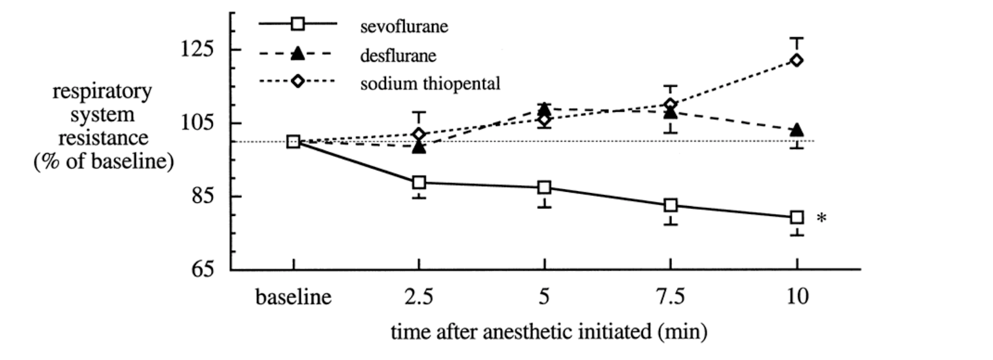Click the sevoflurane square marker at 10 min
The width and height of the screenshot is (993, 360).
[x=797, y=217]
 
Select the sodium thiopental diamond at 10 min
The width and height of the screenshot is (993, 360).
[x=797, y=60]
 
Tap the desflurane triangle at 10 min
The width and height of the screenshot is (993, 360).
[x=797, y=130]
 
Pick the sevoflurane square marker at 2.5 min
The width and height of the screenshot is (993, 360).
[x=419, y=182]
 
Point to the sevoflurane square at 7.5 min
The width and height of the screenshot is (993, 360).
[x=670, y=205]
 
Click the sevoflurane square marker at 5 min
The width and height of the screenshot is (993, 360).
[x=544, y=187]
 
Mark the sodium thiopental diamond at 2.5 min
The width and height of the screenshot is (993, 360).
[x=419, y=134]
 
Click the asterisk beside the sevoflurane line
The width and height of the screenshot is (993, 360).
[x=821, y=218]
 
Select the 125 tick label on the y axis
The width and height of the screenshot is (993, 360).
[x=197, y=49]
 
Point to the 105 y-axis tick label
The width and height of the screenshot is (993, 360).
[x=197, y=123]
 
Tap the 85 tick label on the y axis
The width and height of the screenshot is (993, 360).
[x=202, y=196]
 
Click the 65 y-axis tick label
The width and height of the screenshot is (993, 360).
[x=202, y=269]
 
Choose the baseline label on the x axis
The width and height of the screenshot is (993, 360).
[x=294, y=297]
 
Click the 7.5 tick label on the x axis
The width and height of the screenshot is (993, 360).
[x=670, y=297]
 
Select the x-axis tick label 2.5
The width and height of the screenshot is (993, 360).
[x=419, y=297]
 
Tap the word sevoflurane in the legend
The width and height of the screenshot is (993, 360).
[x=404, y=27]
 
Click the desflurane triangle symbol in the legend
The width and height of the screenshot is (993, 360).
[x=297, y=54]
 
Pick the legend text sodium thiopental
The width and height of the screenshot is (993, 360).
[x=430, y=83]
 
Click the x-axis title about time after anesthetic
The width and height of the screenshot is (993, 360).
[x=549, y=331]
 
